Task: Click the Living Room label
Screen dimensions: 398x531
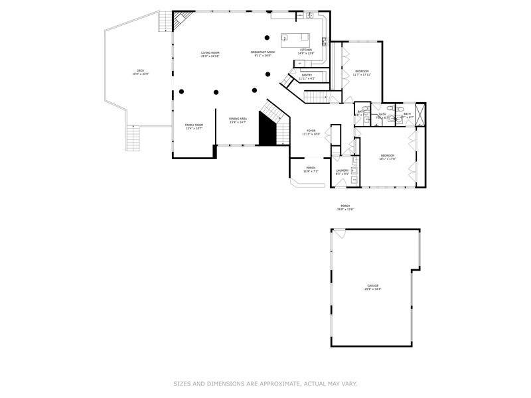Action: click(210, 52)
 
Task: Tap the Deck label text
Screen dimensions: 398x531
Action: click(140, 70)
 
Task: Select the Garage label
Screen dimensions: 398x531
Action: click(373, 285)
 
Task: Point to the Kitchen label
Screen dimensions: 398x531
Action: click(305, 50)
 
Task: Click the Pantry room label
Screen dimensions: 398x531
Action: click(307, 75)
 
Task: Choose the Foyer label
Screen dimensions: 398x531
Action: click(311, 131)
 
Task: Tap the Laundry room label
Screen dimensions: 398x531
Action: click(342, 170)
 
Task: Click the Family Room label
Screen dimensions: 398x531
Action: click(194, 125)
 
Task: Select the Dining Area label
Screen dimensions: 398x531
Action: click(238, 119)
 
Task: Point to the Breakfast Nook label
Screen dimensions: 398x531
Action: click(264, 52)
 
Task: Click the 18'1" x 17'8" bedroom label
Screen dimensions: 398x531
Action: click(388, 156)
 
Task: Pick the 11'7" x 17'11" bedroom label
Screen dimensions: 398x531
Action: click(362, 71)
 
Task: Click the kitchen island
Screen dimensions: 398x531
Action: click(295, 38)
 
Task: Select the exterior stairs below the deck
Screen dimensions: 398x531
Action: click(135, 139)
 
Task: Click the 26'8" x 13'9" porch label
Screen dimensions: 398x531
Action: click(345, 206)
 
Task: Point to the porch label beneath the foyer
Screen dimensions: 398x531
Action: click(311, 167)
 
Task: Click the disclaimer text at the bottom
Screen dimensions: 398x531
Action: click(265, 383)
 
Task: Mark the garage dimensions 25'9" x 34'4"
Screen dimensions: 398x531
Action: click(373, 289)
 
